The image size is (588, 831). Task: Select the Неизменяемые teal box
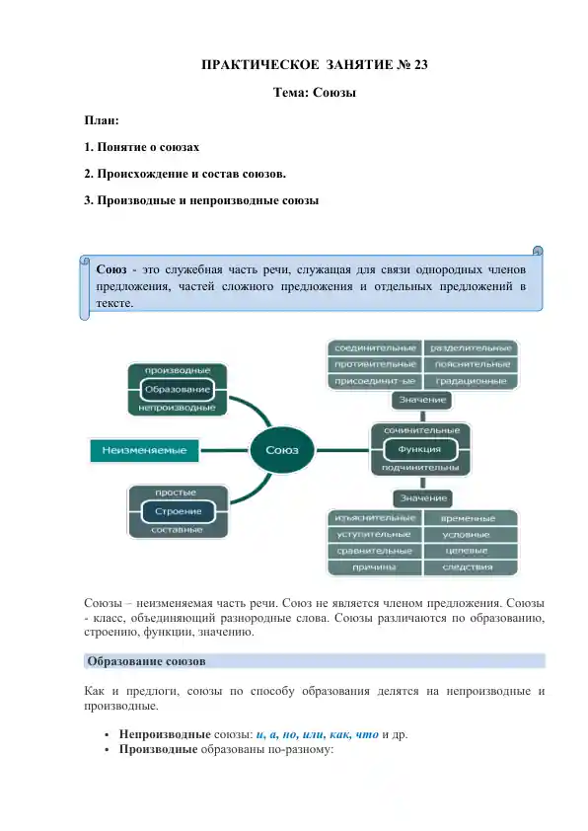144,451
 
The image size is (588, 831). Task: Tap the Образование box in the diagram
178,389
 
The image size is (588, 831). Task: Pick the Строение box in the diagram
178,510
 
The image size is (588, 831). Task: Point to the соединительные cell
374,348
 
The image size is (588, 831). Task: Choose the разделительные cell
471,348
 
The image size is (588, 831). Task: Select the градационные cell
471,380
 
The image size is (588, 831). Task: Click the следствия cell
470,567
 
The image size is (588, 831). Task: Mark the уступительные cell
374,534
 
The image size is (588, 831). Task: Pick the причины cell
374,567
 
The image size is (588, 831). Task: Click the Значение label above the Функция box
422,400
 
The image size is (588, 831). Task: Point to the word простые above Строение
178,491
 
